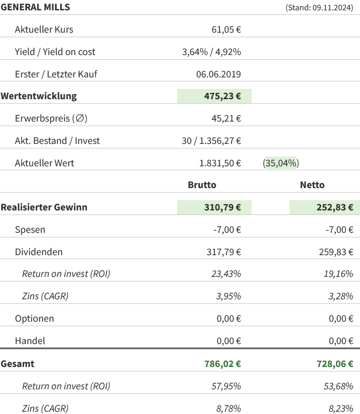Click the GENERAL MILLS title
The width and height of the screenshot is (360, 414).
36,7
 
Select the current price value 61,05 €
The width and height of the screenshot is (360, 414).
226,29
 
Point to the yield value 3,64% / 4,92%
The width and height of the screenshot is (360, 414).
211,52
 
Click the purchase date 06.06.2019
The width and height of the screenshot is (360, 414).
218,74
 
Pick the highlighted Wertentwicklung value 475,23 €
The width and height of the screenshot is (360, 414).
222,96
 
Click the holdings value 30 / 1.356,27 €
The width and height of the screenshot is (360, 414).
211,140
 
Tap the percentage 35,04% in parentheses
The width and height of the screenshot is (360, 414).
281,163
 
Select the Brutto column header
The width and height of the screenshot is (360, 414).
202,185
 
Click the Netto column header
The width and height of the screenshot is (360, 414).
312,185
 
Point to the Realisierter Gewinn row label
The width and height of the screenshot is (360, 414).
44,207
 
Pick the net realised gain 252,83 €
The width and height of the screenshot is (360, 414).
334,207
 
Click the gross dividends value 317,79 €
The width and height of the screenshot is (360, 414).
222,252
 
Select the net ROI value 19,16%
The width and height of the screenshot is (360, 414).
338,274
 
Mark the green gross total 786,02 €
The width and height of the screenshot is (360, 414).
222,364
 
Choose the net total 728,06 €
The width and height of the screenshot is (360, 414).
334,364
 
